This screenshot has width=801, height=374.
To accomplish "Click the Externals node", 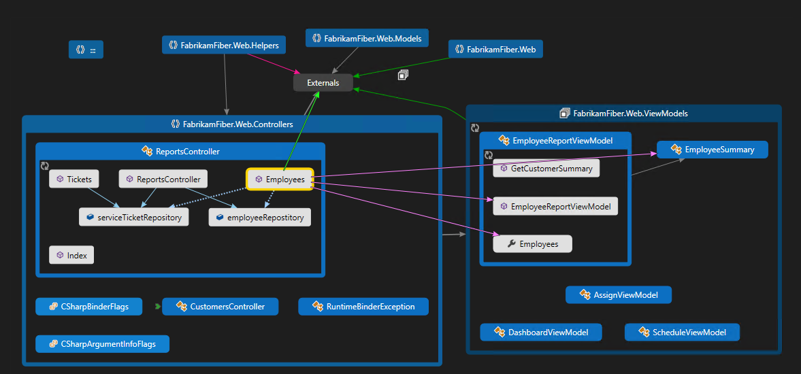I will pyautogui.click(x=323, y=83).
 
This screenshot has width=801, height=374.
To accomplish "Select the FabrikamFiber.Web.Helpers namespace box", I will pyautogui.click(x=224, y=46).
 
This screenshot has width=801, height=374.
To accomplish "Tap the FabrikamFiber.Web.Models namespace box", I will pyautogui.click(x=367, y=38).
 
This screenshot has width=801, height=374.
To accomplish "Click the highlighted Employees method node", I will pyautogui.click(x=280, y=180).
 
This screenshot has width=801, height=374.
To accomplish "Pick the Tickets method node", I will pyautogui.click(x=74, y=180).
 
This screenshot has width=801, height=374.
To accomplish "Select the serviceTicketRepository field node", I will pyautogui.click(x=133, y=218).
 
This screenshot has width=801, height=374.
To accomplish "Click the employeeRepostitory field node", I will pyautogui.click(x=259, y=218).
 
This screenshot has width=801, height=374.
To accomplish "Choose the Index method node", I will pyautogui.click(x=71, y=256).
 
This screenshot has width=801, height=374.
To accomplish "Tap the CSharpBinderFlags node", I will pyautogui.click(x=89, y=307).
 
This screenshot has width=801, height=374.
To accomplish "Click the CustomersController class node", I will pyautogui.click(x=220, y=307).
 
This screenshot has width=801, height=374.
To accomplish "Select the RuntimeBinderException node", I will pyautogui.click(x=363, y=307).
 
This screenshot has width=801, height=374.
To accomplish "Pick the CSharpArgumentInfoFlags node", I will pyautogui.click(x=102, y=344).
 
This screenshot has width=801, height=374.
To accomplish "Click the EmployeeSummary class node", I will pyautogui.click(x=712, y=150).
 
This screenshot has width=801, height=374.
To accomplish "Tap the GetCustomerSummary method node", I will pyautogui.click(x=546, y=169).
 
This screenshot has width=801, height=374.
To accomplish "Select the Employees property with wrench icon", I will pyautogui.click(x=532, y=244).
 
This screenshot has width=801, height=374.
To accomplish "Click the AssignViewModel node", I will pyautogui.click(x=619, y=295).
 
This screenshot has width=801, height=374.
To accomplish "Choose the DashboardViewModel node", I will pyautogui.click(x=541, y=333).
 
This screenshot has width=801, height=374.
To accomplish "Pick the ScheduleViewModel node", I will pyautogui.click(x=682, y=333).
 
